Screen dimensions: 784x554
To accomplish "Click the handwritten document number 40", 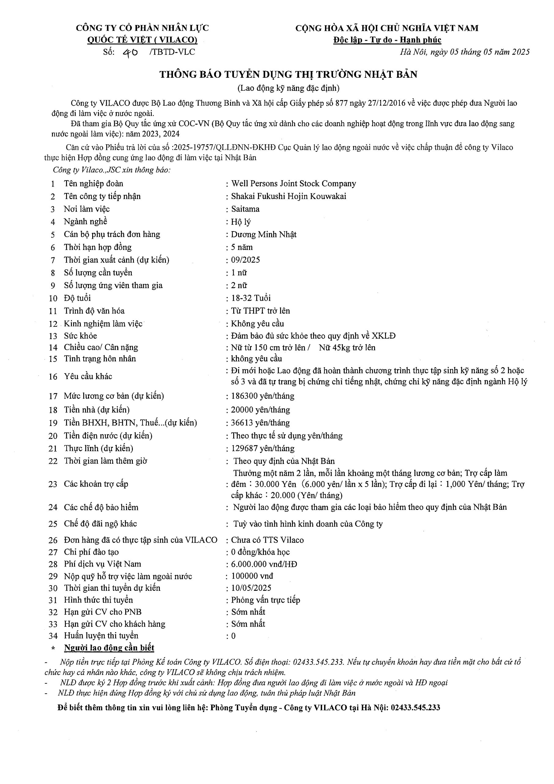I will [x=130, y=52].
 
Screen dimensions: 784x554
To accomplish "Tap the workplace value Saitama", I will [x=245, y=209].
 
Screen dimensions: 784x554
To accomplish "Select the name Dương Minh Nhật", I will [x=264, y=234].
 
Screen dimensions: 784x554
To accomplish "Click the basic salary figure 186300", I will [x=243, y=396].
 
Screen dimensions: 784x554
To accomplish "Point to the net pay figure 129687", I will [x=243, y=448].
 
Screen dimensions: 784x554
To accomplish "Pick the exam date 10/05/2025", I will [x=251, y=588].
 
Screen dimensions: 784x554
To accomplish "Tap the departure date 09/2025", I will [x=245, y=260].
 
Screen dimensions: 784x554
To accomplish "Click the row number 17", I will [x=53, y=396].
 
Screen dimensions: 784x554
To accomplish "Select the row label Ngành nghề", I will [x=85, y=222].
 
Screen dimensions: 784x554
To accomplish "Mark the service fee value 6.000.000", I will [x=251, y=564].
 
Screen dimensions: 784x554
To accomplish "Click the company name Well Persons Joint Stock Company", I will [x=294, y=184].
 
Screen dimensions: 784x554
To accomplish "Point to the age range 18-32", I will [x=241, y=298].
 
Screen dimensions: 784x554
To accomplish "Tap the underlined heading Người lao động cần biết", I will [x=109, y=648].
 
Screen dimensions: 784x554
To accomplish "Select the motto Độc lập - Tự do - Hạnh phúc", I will [x=387, y=40].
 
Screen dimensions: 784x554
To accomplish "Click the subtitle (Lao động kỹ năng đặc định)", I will [x=288, y=88].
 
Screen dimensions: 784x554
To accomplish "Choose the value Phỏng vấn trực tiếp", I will [x=266, y=600].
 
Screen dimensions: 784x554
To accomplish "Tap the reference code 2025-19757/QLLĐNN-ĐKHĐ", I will [x=225, y=148].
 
